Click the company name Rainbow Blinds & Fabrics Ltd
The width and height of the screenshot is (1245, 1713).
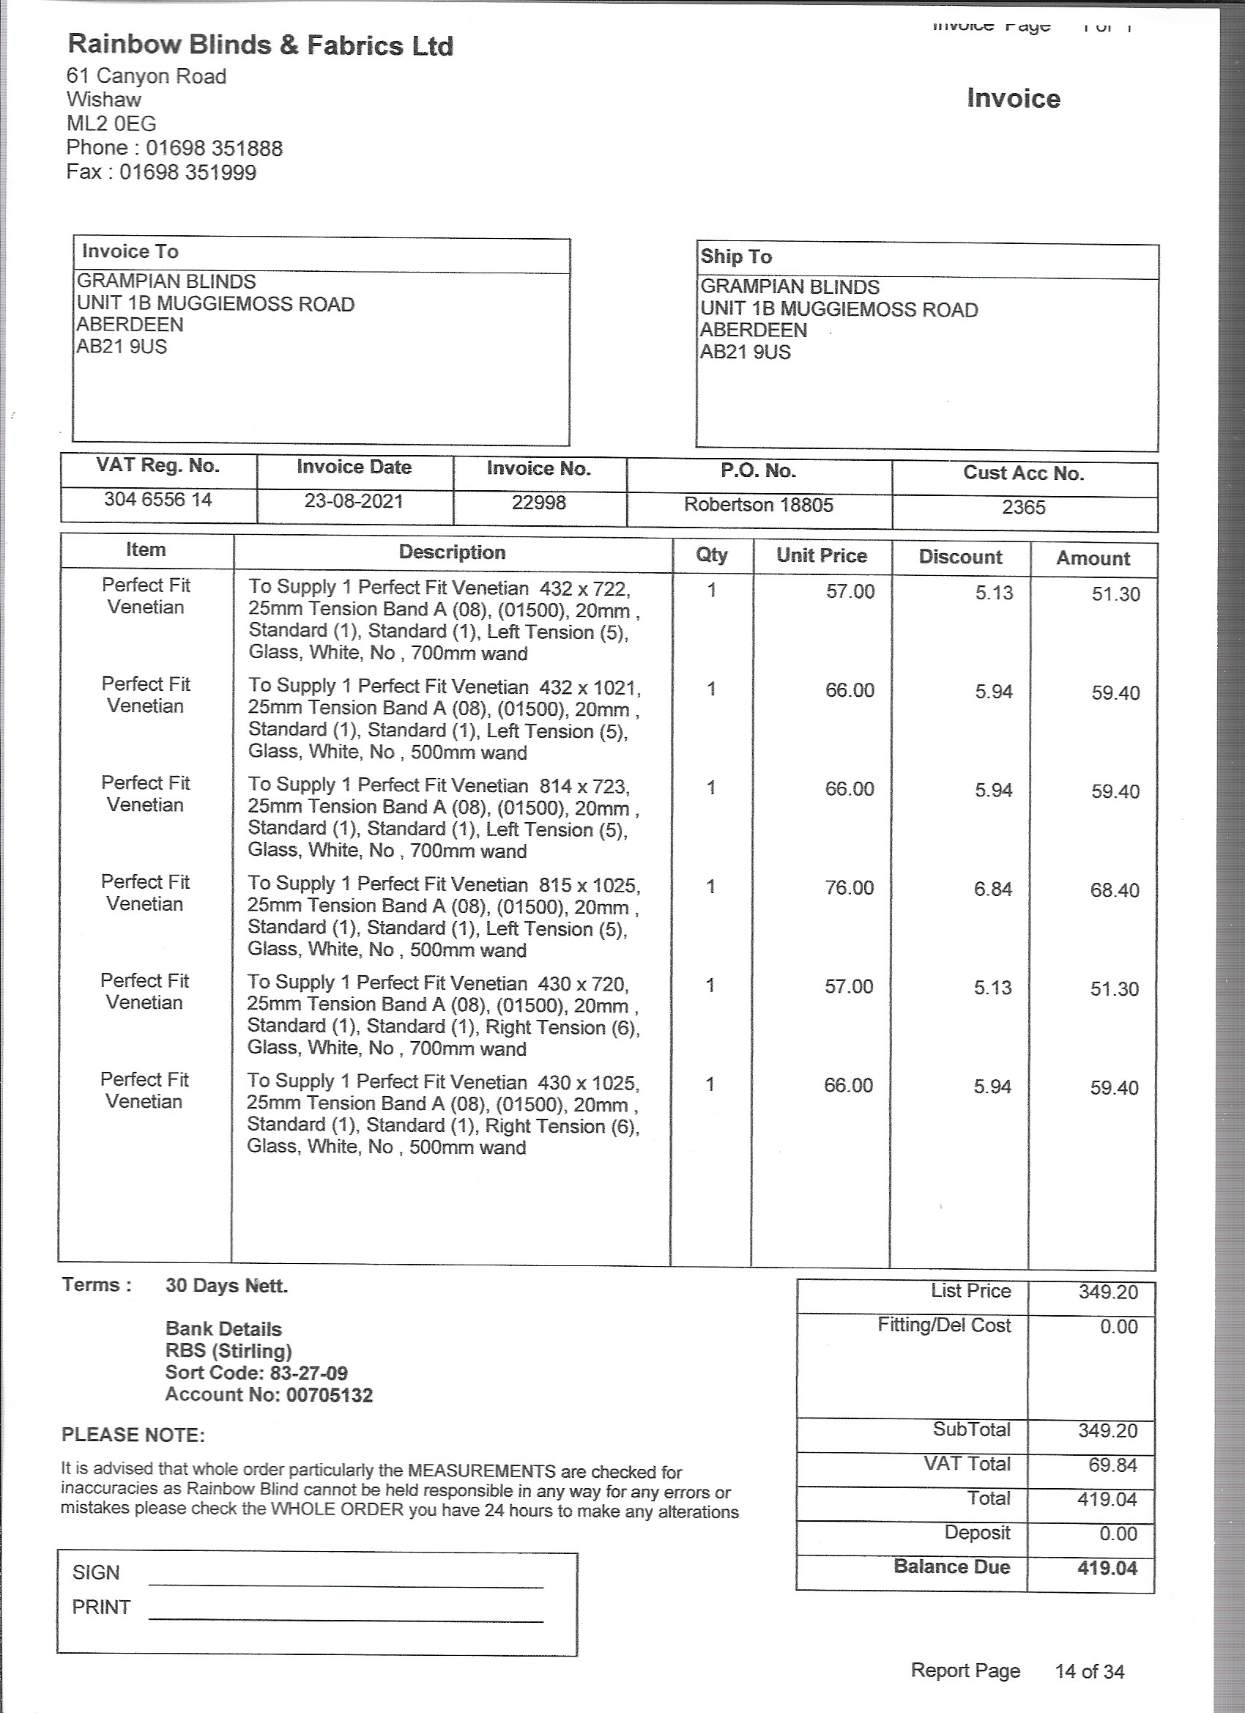point(261,45)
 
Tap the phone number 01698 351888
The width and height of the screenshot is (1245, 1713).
point(215,148)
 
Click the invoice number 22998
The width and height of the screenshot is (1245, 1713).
point(538,503)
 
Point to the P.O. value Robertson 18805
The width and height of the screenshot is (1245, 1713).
point(758,505)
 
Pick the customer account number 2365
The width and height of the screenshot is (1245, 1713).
point(1023,508)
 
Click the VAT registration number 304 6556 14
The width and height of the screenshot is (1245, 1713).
point(157,499)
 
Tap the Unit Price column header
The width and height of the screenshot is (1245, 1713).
point(822,556)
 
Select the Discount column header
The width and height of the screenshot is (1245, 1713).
point(959,558)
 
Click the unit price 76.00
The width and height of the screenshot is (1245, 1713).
point(849,887)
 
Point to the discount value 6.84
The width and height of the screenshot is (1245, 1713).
point(992,889)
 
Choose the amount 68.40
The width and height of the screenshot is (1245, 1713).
point(1114,890)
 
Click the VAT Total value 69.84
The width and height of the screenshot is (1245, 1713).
point(1112,1465)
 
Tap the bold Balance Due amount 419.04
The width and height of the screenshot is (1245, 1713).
point(1106,1568)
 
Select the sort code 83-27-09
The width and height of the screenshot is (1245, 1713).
point(309,1373)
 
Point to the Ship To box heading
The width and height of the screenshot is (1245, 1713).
point(736,256)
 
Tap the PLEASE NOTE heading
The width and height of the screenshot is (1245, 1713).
point(133,1435)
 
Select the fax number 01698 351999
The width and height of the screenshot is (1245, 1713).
point(188,172)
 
